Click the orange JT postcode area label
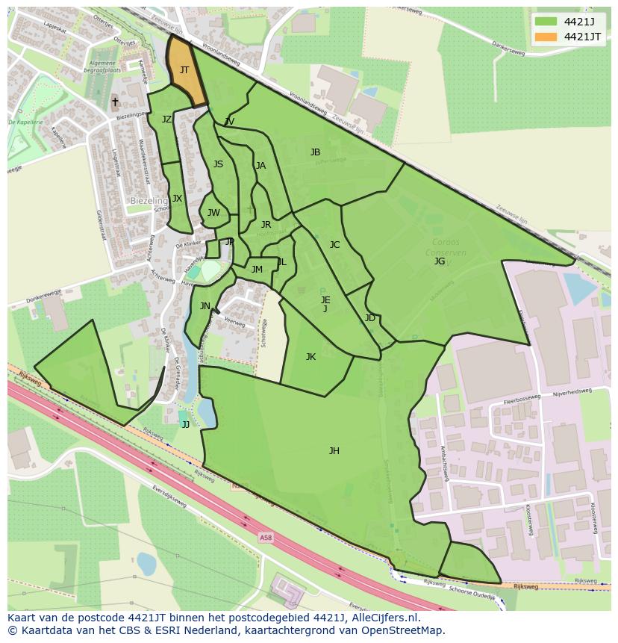click(x=184, y=70)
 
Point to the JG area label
click(x=440, y=261)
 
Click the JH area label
click(x=334, y=450)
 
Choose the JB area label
click(x=315, y=152)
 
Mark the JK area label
click(x=310, y=357)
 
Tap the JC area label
click(x=334, y=245)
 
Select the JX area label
click(x=177, y=199)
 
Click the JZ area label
click(x=166, y=119)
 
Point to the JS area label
click(x=218, y=164)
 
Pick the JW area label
click(x=213, y=213)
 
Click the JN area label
click(x=205, y=305)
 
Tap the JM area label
click(x=257, y=270)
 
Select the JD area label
click(x=370, y=318)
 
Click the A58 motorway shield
click(x=266, y=537)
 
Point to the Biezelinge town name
click(x=149, y=201)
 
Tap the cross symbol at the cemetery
click(x=115, y=101)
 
